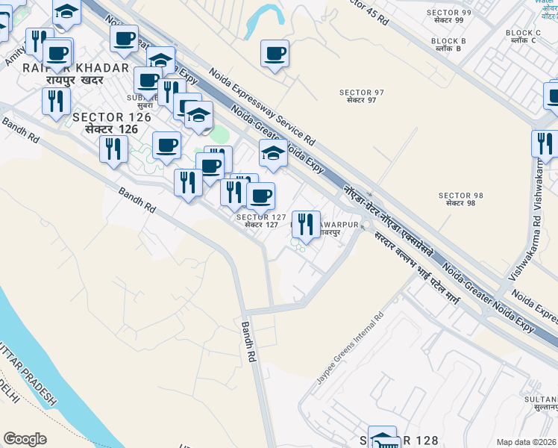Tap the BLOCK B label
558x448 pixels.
(x=448, y=44)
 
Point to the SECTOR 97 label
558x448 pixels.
(x=361, y=96)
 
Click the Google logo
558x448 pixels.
(x=25, y=439)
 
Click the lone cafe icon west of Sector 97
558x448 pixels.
(x=275, y=53)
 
